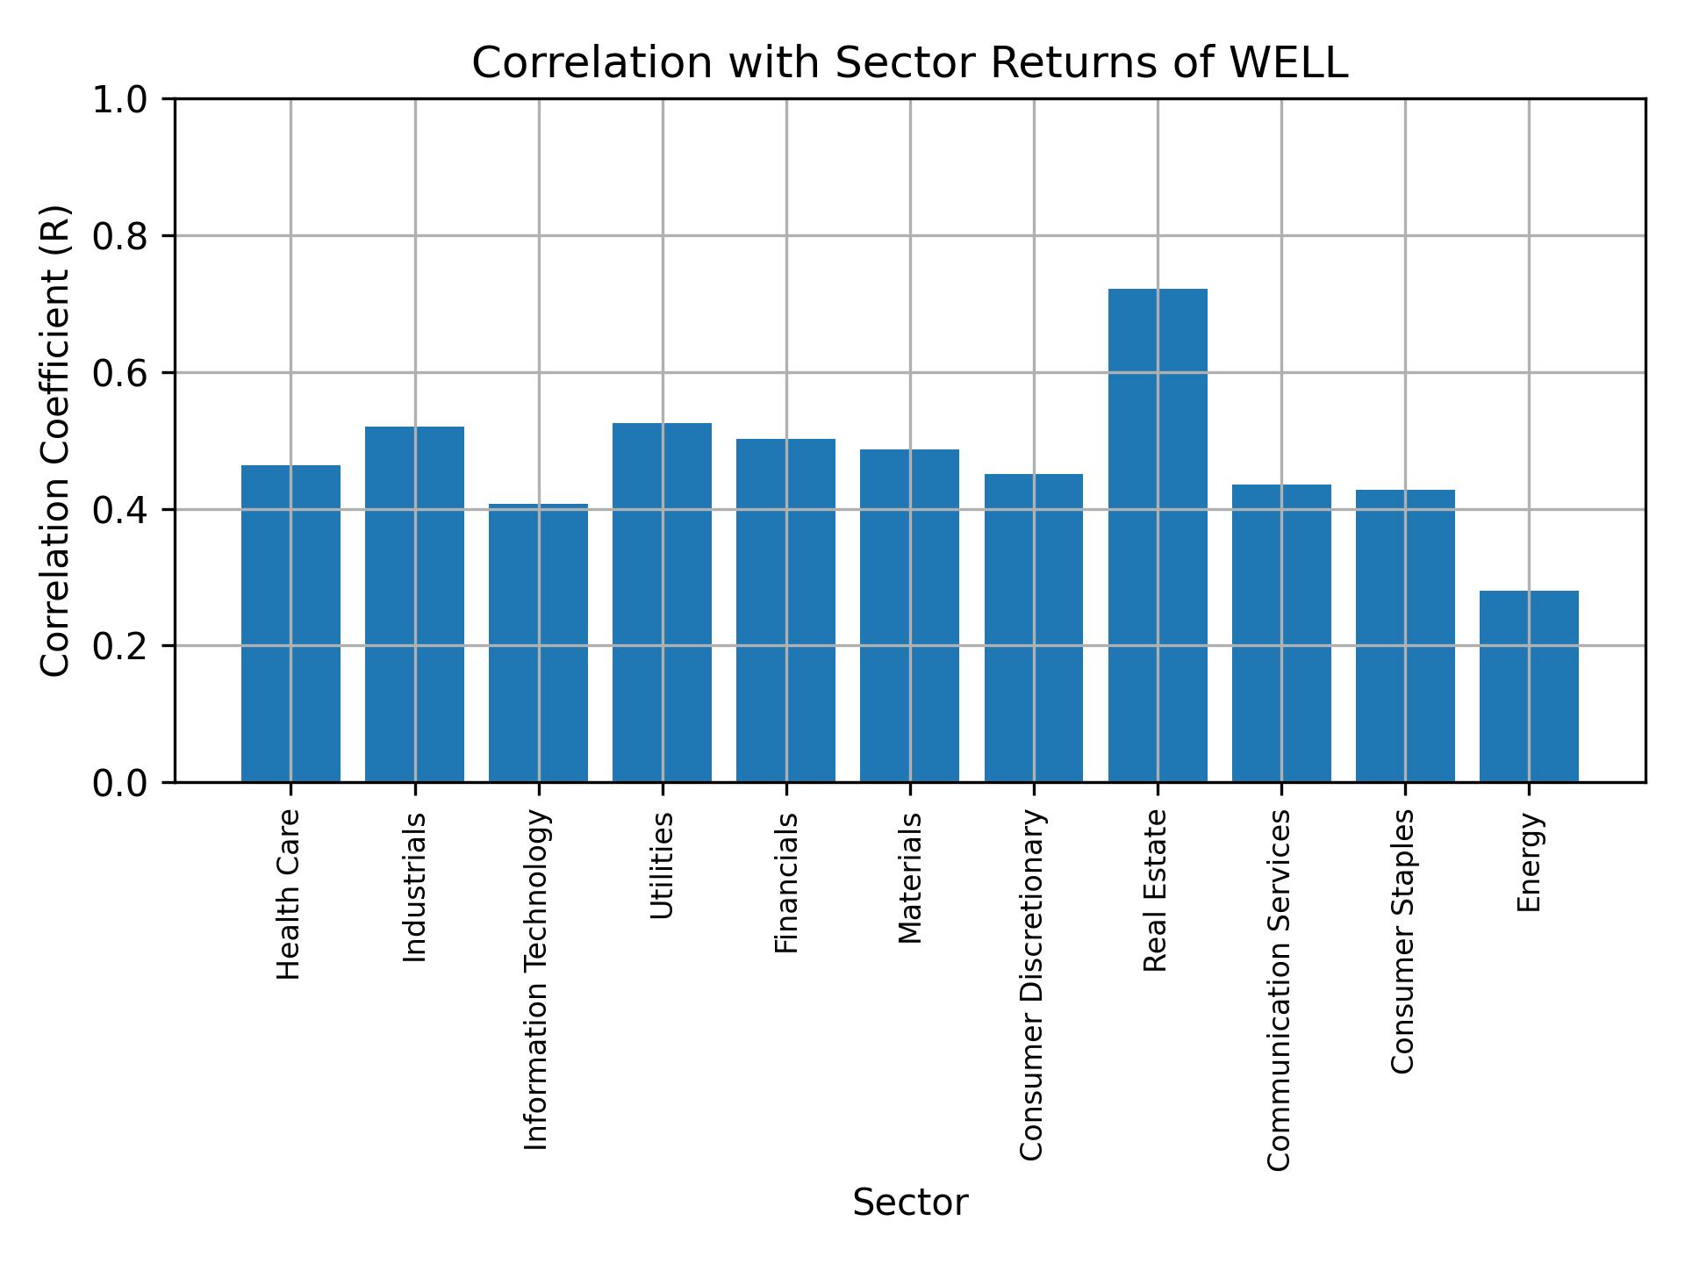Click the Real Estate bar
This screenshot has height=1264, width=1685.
1157,535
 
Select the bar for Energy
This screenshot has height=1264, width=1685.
1528,686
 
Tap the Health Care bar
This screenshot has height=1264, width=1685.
290,623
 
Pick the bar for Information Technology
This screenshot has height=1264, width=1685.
538,643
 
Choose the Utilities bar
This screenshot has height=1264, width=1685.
662,602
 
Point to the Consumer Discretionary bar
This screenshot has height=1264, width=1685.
1033,628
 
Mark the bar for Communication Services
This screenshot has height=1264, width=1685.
1280,633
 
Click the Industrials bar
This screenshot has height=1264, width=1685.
414,604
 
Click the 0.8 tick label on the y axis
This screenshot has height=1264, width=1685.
120,236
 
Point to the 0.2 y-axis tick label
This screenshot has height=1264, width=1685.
120,646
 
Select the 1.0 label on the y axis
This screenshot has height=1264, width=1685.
120,100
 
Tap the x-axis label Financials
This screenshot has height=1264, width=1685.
786,882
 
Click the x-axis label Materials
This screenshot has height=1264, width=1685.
910,878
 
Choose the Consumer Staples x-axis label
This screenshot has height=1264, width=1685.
1403,941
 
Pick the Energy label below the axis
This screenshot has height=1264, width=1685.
1529,862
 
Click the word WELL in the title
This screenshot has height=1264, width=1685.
1288,63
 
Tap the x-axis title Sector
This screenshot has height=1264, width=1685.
910,1203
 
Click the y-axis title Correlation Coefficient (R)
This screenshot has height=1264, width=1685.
55,441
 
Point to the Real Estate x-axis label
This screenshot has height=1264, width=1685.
1156,891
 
